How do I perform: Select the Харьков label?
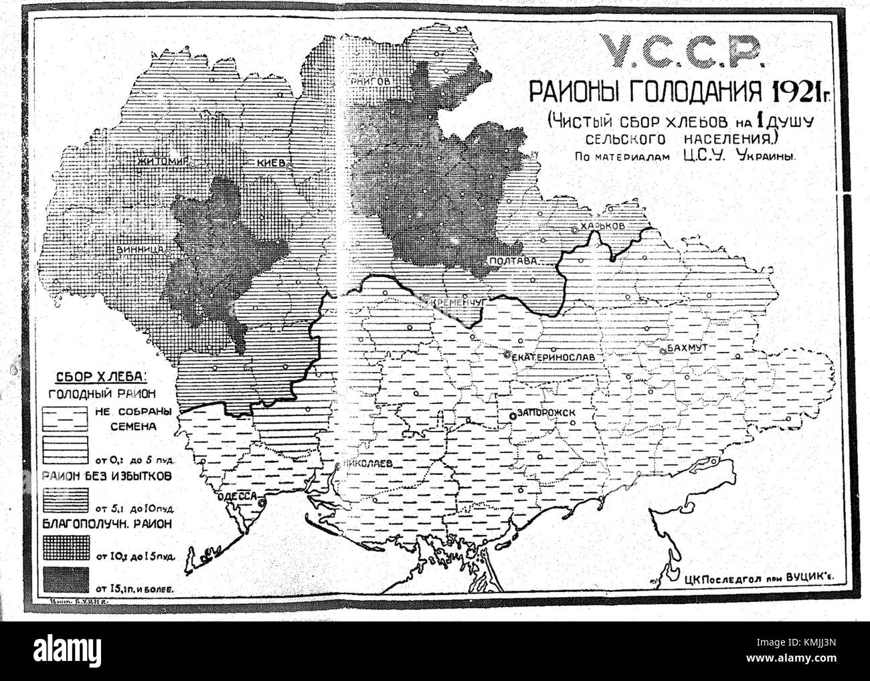coord(602,227)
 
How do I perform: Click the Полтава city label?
coord(515,262)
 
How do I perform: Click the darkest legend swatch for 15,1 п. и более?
coord(65,575)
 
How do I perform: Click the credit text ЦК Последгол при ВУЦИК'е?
coord(762,577)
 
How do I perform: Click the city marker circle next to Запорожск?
coord(513,415)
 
